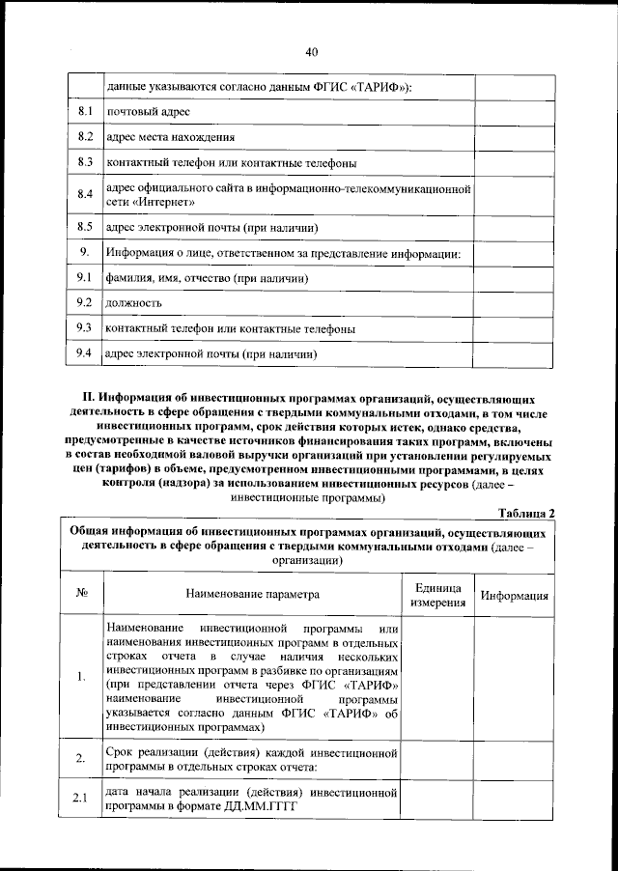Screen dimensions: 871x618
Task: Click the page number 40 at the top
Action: (x=311, y=52)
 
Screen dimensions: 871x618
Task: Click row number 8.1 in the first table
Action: (x=84, y=113)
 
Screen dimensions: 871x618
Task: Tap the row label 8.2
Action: (x=84, y=137)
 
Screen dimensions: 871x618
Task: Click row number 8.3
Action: (x=84, y=161)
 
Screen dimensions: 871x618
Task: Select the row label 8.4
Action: (x=84, y=195)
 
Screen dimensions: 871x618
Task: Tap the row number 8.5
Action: (x=84, y=228)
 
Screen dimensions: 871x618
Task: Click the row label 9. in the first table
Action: (x=84, y=253)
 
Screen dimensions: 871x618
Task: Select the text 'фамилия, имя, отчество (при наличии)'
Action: (x=207, y=279)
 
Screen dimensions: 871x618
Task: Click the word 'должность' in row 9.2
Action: (x=133, y=304)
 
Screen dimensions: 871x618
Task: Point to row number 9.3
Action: (x=84, y=328)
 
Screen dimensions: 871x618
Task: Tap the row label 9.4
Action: (x=84, y=353)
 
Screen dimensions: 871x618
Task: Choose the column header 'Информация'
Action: (x=515, y=596)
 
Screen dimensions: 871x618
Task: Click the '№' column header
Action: (x=82, y=595)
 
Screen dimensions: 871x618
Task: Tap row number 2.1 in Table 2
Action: (x=82, y=798)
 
